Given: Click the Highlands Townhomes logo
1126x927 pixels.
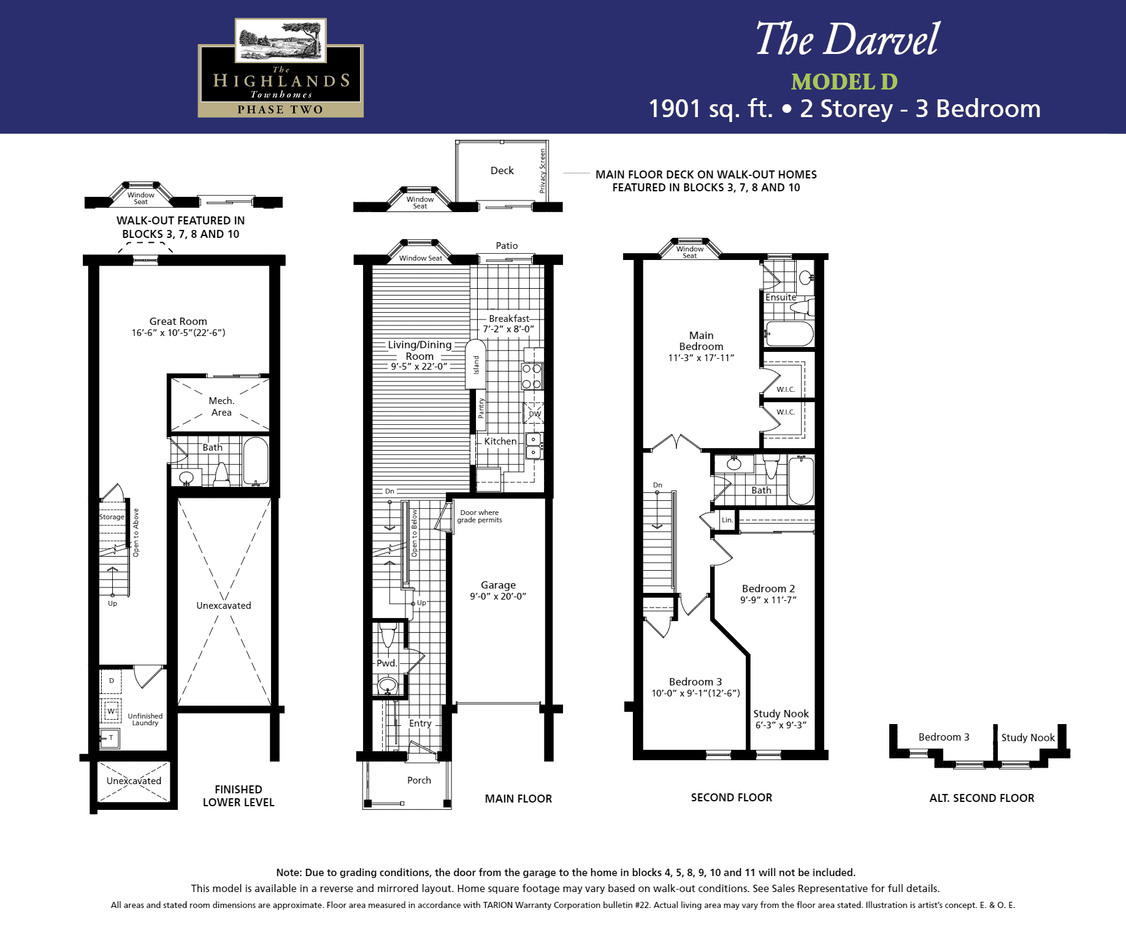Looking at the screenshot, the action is pos(281,68).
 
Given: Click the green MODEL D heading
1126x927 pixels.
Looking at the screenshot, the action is pos(844,82).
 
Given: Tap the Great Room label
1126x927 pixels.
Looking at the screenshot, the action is pos(178,321).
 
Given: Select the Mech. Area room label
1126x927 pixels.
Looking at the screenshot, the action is pos(221,406).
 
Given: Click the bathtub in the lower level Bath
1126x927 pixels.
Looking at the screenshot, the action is pos(256,461).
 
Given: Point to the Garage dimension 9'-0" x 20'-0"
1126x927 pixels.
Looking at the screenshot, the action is pos(498,597).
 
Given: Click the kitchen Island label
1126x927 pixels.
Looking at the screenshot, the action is pos(477,365).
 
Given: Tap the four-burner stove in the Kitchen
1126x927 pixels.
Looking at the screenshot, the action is pos(532,376).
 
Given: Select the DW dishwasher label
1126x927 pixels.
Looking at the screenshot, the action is pos(535,414).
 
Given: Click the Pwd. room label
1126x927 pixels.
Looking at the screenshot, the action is pos(386,663).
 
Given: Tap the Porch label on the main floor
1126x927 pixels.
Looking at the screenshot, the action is pos(419,780).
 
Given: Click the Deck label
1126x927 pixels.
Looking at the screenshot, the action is pos(502,170).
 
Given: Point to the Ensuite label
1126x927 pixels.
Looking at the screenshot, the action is pos(781,297).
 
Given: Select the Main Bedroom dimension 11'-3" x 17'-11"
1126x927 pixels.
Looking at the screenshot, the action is pos(701,358).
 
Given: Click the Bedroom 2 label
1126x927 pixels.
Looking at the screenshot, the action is pos(768,589).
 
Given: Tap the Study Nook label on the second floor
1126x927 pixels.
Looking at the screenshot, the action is pos(781,714).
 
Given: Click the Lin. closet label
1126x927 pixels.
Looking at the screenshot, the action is pos(727,520).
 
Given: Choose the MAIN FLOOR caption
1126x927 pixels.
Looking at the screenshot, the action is pos(518,798).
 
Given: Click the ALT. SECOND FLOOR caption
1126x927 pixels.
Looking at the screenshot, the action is pos(982,798).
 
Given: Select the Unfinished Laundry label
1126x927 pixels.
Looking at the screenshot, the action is pos(145,719).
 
